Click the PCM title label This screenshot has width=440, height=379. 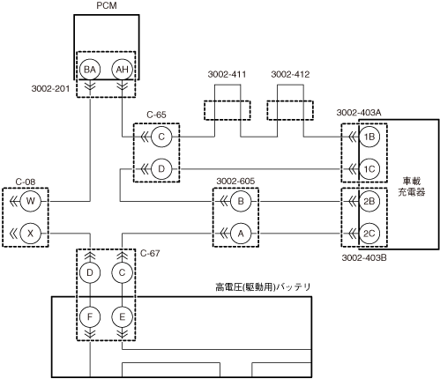[x=107, y=5]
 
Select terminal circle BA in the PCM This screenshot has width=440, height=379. [x=90, y=70]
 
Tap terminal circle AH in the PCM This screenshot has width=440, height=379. [x=122, y=70]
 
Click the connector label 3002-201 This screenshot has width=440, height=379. [x=50, y=88]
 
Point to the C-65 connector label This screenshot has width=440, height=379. [x=156, y=115]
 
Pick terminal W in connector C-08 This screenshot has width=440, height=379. [x=31, y=201]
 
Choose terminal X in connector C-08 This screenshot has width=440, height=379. [x=31, y=234]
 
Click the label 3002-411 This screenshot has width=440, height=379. [x=227, y=74]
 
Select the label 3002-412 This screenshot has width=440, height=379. [x=290, y=74]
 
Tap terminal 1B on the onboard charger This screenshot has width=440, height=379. [x=369, y=137]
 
